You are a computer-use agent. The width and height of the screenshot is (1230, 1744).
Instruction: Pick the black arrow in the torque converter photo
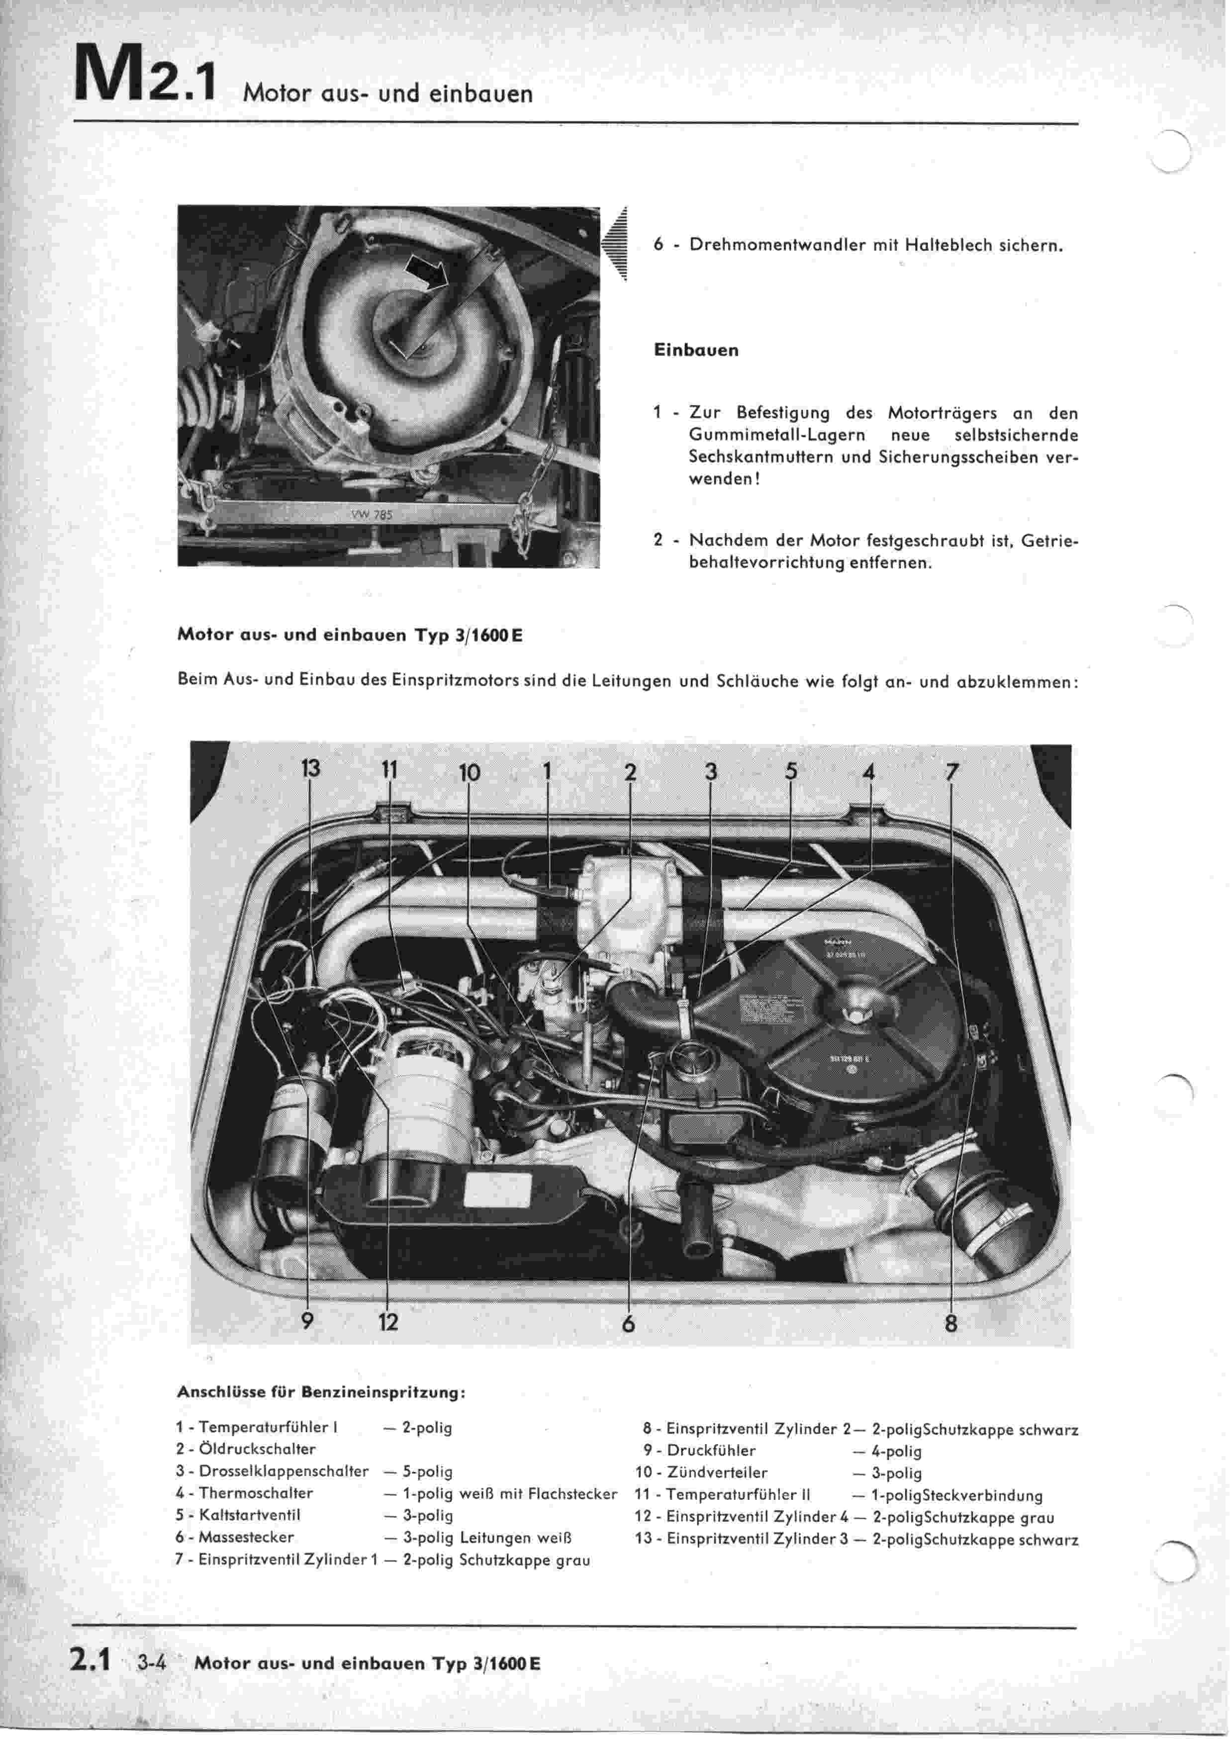click(426, 271)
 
